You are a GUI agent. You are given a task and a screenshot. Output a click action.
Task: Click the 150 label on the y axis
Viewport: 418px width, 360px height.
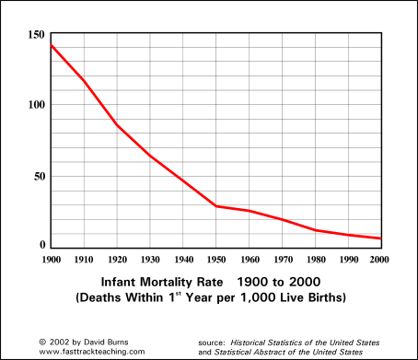tap(35, 34)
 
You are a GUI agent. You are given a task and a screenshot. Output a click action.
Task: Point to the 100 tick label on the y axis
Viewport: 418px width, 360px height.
tap(35, 104)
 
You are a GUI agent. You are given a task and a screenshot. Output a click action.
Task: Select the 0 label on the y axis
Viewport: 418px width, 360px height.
tap(41, 245)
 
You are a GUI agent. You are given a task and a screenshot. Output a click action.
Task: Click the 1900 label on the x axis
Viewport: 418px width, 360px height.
tap(50, 261)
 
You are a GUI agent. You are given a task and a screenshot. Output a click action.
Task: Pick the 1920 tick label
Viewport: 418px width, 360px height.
tap(116, 261)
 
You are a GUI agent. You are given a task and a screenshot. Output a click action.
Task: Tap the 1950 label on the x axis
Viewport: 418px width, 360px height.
tap(215, 261)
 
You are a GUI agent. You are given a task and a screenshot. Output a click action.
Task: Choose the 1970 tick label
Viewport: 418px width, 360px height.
tap(282, 261)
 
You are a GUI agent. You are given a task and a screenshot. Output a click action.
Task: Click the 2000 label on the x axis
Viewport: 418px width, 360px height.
tap(380, 261)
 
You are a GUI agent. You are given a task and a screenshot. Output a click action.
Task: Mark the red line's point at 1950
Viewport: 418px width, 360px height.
tap(215, 205)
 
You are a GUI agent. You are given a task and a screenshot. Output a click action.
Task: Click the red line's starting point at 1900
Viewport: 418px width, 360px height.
tap(51, 44)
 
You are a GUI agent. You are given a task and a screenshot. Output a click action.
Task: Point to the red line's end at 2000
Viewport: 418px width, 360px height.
tap(380, 238)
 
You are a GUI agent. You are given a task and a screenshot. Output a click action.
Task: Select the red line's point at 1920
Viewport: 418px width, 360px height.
tap(116, 124)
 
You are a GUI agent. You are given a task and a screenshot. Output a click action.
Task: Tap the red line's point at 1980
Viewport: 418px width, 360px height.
tap(315, 230)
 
